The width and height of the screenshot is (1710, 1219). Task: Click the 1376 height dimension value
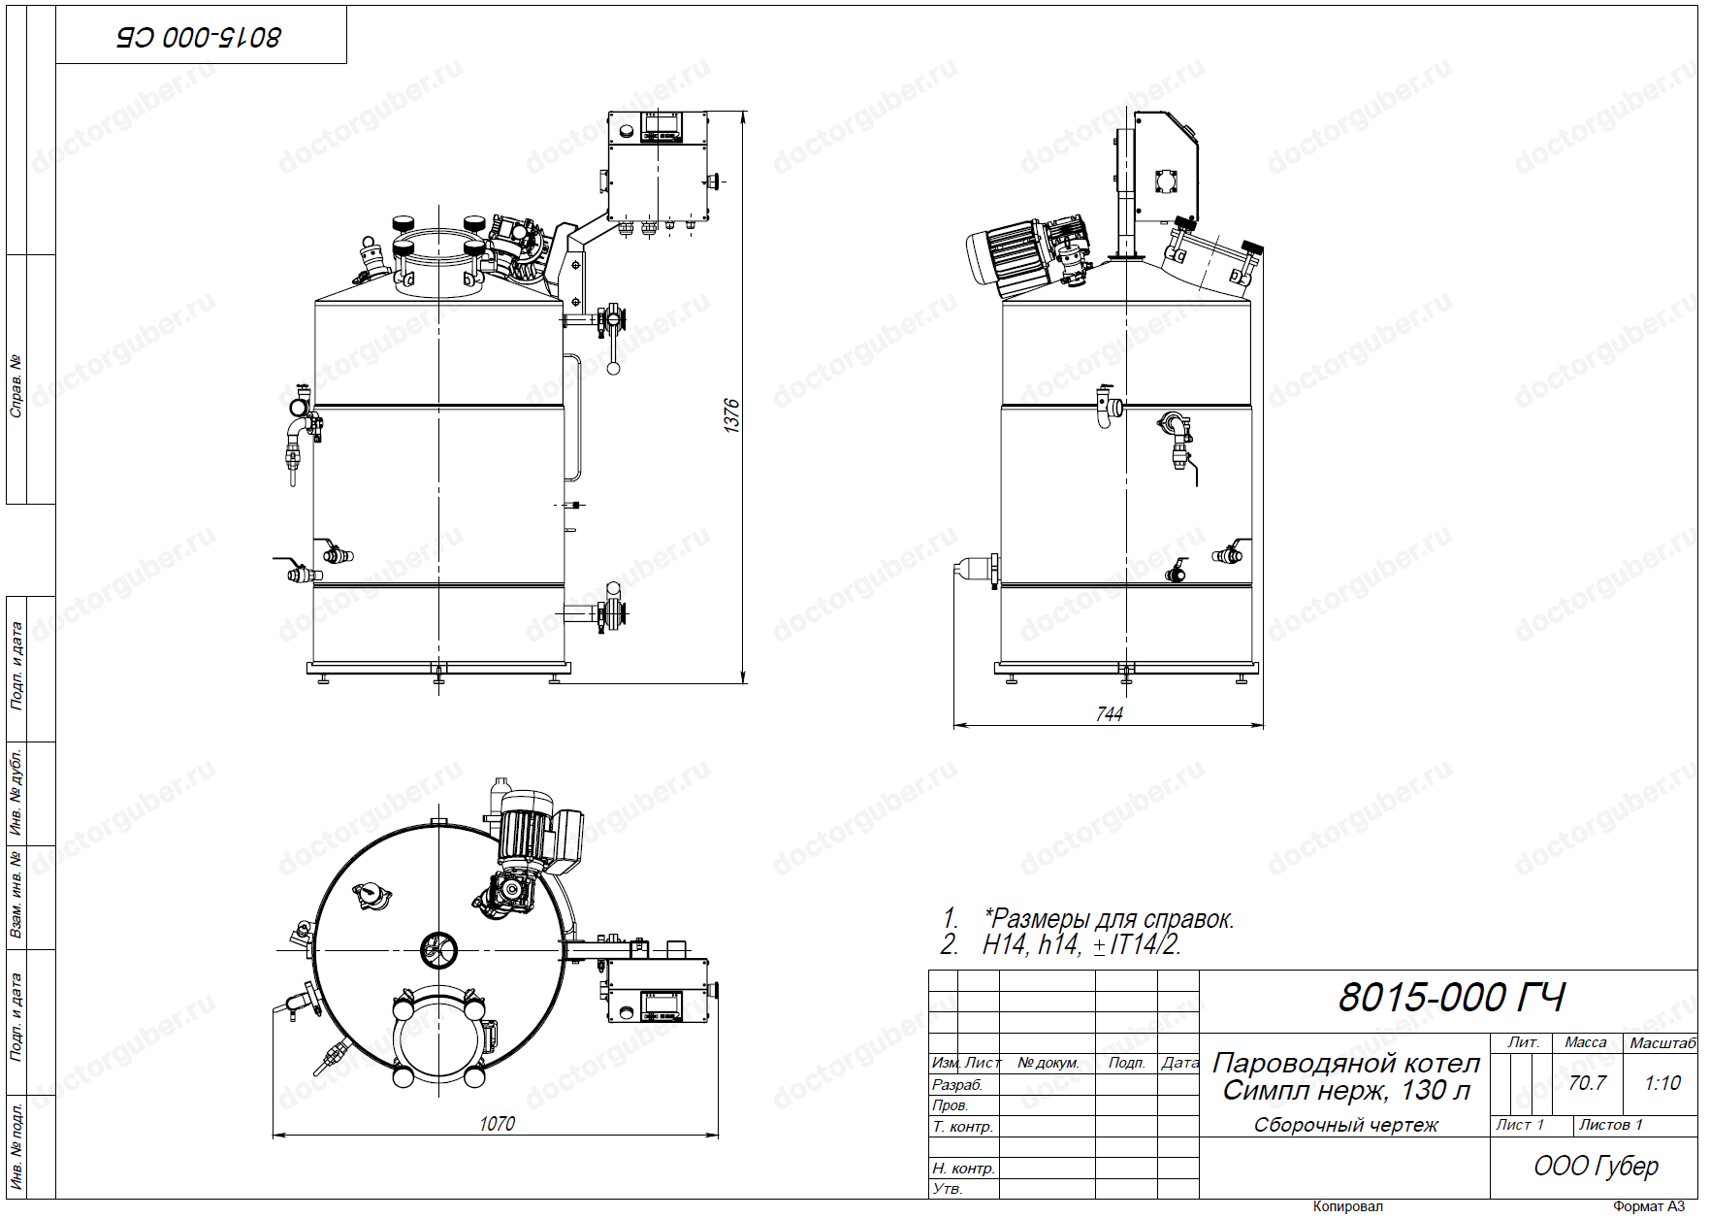[x=732, y=415]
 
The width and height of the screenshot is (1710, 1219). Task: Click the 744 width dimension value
[x=1109, y=714]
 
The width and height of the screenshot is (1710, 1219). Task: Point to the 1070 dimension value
[x=497, y=1124]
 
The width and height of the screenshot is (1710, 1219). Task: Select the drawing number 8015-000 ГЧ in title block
[x=1451, y=998]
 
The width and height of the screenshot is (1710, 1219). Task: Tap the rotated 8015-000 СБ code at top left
[x=199, y=37]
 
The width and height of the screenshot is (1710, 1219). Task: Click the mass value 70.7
[x=1587, y=1082]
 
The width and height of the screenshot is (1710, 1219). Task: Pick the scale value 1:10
[x=1662, y=1082]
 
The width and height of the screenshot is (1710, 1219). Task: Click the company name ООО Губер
[x=1596, y=1166]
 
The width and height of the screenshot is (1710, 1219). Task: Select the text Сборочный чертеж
[x=1345, y=1125]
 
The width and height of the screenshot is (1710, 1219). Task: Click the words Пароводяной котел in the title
[x=1346, y=1063]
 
